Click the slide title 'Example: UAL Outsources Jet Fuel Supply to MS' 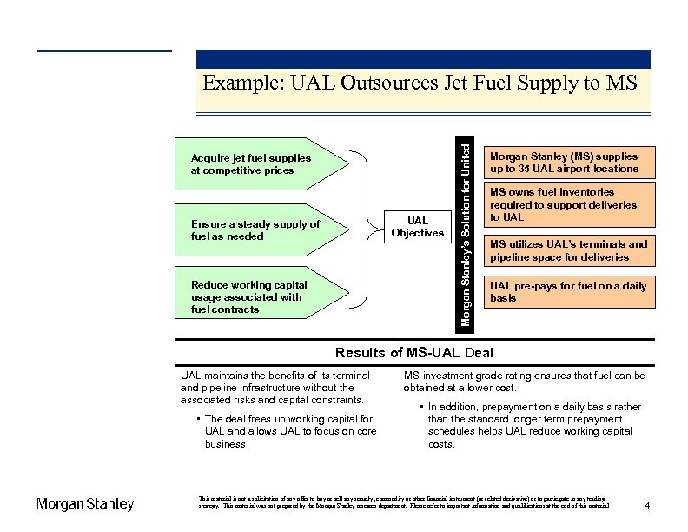pyautogui.click(x=420, y=83)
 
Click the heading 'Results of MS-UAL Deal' pyautogui.click(x=413, y=352)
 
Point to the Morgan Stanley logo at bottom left pyautogui.click(x=85, y=504)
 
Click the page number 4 pyautogui.click(x=649, y=505)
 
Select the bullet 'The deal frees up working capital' pyautogui.click(x=284, y=431)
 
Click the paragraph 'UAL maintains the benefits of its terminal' pyautogui.click(x=275, y=388)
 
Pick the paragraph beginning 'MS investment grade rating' pyautogui.click(x=524, y=382)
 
